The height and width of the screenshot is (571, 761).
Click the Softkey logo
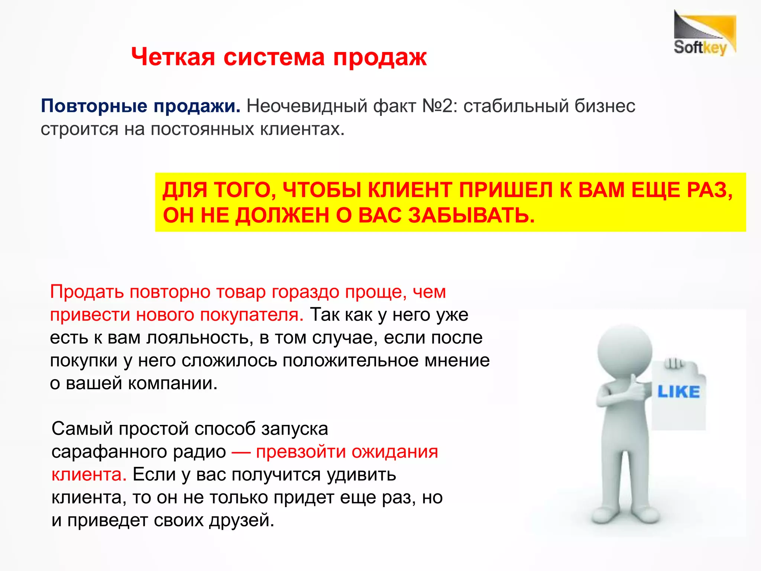[705, 34]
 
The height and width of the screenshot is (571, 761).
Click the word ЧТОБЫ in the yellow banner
[322, 190]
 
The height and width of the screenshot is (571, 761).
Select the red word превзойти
[301, 452]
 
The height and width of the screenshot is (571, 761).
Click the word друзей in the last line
[241, 520]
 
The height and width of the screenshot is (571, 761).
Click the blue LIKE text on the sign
[678, 392]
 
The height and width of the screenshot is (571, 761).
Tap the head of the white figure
[625, 351]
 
